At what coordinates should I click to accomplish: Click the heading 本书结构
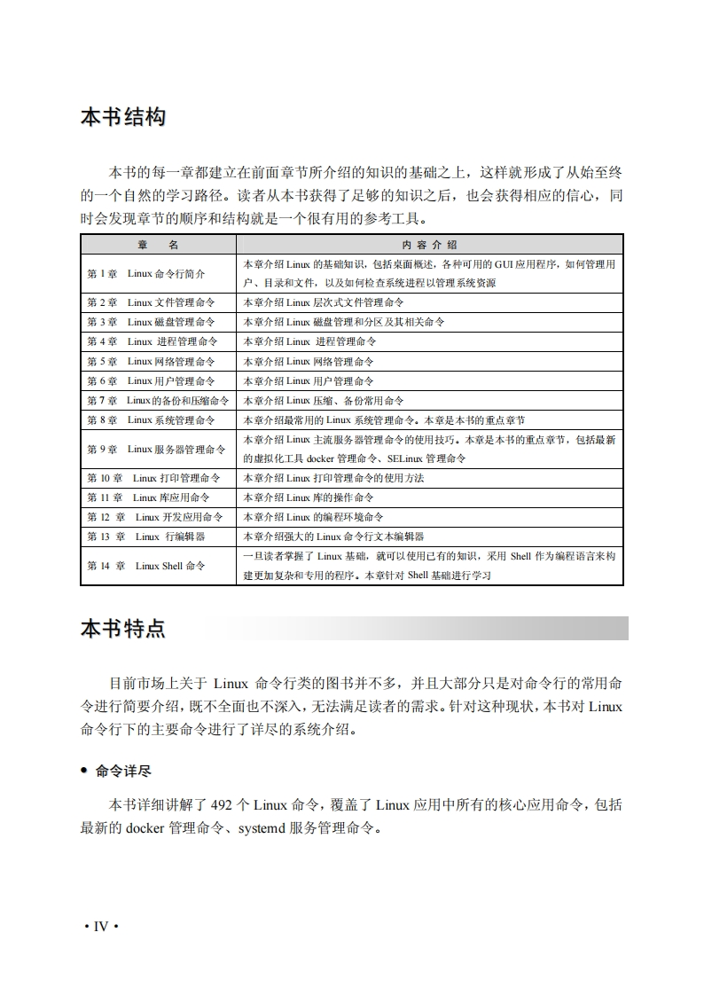[122, 117]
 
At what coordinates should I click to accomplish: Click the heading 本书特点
[122, 629]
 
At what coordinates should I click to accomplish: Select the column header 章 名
[158, 245]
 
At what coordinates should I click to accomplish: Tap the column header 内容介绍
[429, 245]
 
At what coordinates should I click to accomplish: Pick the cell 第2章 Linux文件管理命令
[151, 302]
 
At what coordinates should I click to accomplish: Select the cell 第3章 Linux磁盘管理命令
[151, 322]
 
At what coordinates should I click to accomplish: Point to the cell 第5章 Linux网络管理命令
[151, 361]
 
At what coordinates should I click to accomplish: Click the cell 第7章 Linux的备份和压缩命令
[157, 400]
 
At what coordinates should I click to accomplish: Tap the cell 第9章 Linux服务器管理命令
[156, 449]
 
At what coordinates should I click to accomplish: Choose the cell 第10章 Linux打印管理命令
[153, 478]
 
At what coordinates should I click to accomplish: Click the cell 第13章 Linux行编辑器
[145, 537]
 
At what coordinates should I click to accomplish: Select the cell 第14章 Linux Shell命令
[145, 566]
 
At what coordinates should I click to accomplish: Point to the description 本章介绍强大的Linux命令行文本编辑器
[333, 537]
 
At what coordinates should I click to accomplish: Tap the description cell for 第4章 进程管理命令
[309, 341]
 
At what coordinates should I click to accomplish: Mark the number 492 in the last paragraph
[222, 805]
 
